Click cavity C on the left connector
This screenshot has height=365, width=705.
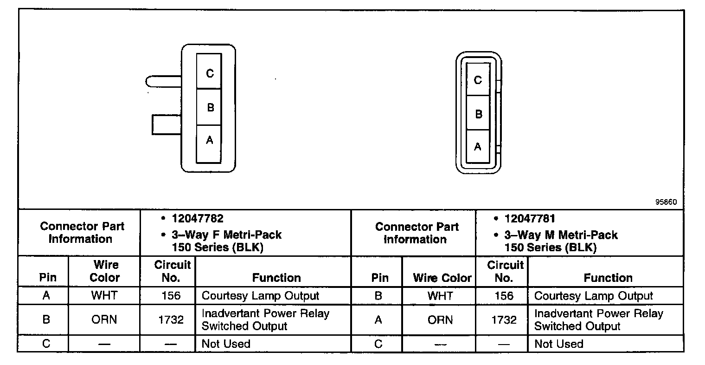[209, 72]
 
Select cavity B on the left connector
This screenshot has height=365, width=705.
[209, 107]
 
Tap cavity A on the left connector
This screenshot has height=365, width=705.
[209, 141]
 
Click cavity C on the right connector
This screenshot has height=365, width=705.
[478, 80]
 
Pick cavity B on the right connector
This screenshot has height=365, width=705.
[478, 113]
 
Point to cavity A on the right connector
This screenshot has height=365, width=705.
[478, 147]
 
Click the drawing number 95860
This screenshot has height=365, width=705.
[666, 202]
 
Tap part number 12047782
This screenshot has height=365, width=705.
[198, 218]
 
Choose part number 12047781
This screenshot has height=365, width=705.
[530, 218]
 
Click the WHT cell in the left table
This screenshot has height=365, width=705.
[104, 296]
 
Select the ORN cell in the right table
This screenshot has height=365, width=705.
[440, 319]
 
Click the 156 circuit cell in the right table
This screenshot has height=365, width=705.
[504, 296]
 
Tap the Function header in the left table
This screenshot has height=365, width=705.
[276, 278]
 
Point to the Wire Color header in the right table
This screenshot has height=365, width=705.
[442, 278]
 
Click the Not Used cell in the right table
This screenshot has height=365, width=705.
[558, 344]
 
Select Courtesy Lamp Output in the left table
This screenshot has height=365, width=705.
[260, 296]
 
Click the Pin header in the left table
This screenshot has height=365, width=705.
[48, 278]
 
